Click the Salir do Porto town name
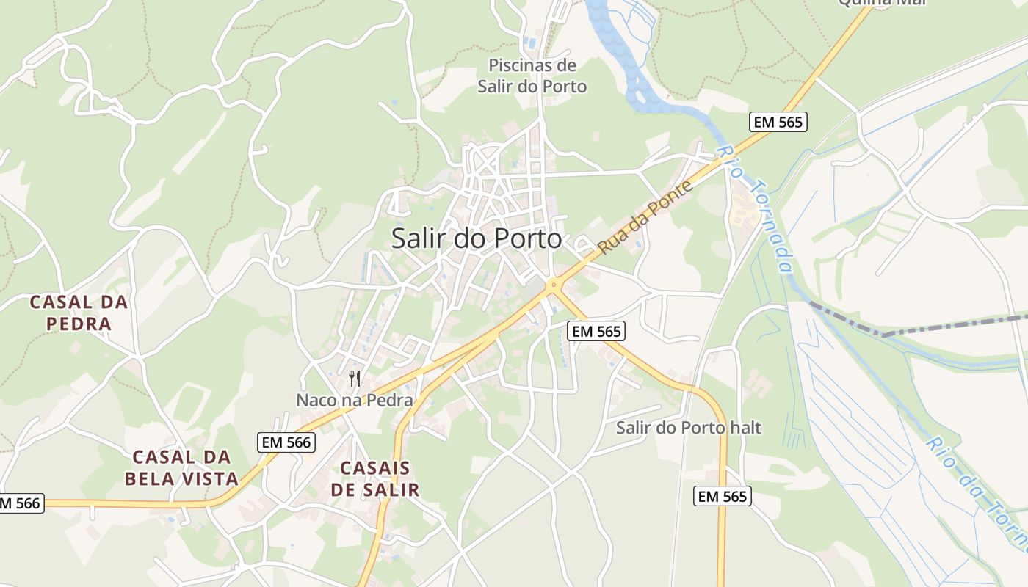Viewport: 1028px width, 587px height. pyautogui.click(x=477, y=238)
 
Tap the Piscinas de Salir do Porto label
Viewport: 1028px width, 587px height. pyautogui.click(x=532, y=76)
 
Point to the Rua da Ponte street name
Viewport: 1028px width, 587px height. pyautogui.click(x=645, y=218)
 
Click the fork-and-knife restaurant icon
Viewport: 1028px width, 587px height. pyautogui.click(x=355, y=379)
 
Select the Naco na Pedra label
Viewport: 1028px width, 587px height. pyautogui.click(x=355, y=401)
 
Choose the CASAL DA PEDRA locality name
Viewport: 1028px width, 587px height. pyautogui.click(x=79, y=313)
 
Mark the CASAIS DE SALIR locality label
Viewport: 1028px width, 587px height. pyautogui.click(x=375, y=479)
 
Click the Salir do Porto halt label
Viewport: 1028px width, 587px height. pyautogui.click(x=689, y=428)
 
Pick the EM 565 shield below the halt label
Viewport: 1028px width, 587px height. pyautogui.click(x=723, y=497)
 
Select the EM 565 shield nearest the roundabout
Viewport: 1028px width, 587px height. pyautogui.click(x=596, y=332)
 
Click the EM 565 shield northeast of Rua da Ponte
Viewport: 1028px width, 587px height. pyautogui.click(x=778, y=123)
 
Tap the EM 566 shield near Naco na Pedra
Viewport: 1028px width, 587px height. pyautogui.click(x=287, y=442)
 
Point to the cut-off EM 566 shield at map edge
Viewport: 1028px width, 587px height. pyautogui.click(x=21, y=503)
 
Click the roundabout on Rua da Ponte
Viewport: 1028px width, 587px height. pyautogui.click(x=554, y=285)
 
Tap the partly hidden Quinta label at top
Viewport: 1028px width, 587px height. pyautogui.click(x=881, y=2)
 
